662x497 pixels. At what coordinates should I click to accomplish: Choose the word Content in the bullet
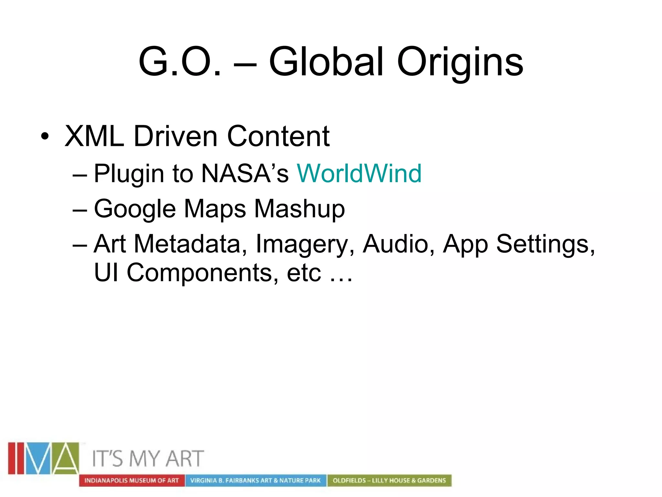point(278,136)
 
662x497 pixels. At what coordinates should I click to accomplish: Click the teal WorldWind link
point(359,173)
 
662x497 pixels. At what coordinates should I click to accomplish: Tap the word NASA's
point(245,173)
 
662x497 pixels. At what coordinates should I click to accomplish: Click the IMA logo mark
point(44,458)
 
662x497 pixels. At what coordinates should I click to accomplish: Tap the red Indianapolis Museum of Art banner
point(132,480)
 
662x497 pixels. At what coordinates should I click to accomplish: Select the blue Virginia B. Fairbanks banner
point(255,480)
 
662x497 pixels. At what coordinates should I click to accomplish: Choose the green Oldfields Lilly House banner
point(389,480)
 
